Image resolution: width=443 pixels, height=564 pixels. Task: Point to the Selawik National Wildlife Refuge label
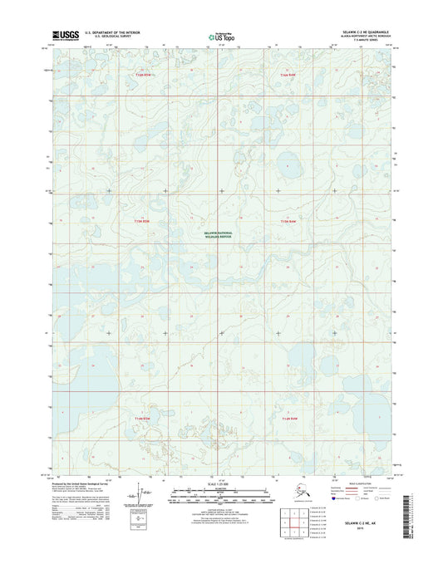(220, 235)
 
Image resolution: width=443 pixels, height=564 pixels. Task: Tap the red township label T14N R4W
(288, 76)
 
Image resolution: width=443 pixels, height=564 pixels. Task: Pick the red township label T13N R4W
(288, 222)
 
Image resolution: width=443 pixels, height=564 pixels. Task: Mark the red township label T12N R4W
(288, 418)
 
